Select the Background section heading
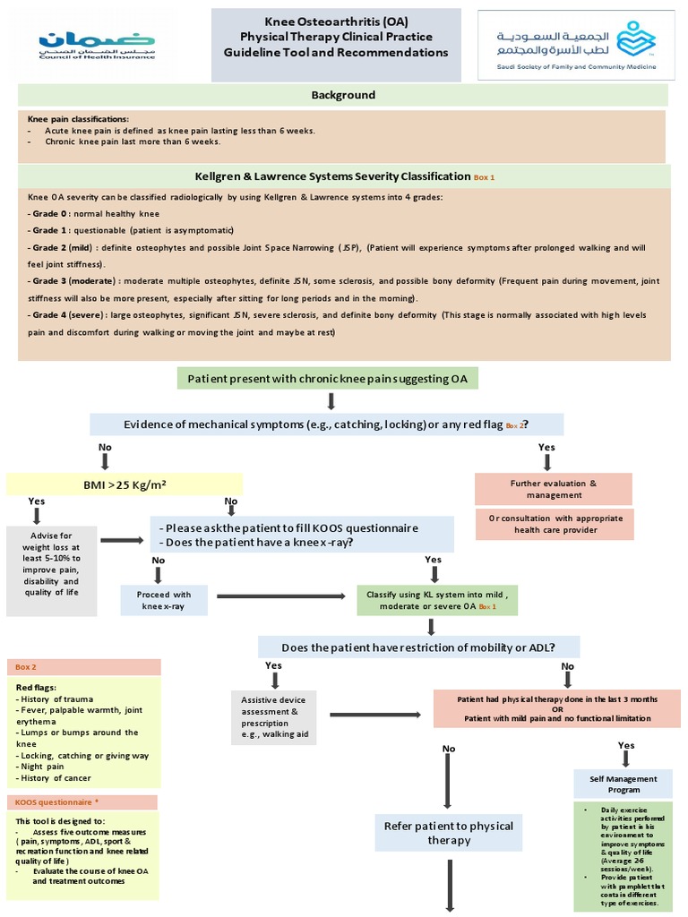tap(343, 95)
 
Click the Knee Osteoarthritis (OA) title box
tap(336, 45)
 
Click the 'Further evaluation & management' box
tap(553, 489)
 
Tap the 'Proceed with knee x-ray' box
tap(164, 600)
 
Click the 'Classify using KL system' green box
tap(437, 600)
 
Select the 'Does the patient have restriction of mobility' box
tap(418, 647)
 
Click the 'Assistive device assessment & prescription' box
tap(274, 718)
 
